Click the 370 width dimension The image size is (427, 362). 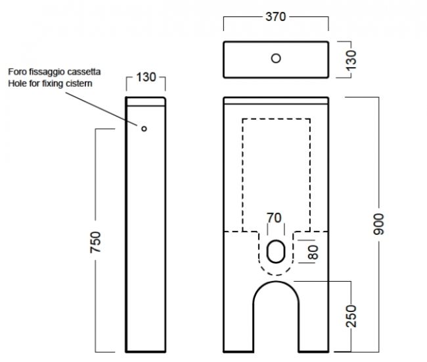click(x=276, y=17)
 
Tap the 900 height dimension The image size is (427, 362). click(x=379, y=224)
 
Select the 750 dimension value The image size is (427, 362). click(x=96, y=242)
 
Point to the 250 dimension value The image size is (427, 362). click(x=351, y=316)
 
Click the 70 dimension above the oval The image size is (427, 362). click(x=274, y=218)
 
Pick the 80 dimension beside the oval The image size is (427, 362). click(x=313, y=252)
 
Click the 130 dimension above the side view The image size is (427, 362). click(x=146, y=77)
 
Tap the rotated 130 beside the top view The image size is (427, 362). click(x=351, y=60)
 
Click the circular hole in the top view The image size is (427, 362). click(x=276, y=59)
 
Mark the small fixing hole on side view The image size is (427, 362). click(x=144, y=129)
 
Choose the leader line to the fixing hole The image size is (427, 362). click(x=101, y=109)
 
